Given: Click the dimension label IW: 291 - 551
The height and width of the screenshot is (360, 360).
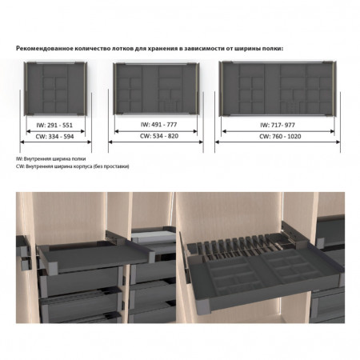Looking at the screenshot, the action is tap(54, 125).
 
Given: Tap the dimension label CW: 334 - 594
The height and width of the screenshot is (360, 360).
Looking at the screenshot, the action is tap(54, 137).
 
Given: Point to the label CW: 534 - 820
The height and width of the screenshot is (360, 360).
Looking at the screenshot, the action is tap(159, 136).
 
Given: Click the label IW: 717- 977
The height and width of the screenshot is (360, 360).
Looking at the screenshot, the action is tap(278, 125).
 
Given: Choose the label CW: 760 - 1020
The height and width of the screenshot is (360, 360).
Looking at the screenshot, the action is tap(280, 136).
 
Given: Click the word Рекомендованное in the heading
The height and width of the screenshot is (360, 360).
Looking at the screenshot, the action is tap(45, 49).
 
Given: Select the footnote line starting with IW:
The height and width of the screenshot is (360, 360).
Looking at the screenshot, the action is tap(51, 158).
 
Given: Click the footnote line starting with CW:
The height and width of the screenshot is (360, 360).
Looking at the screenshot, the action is tap(73, 166).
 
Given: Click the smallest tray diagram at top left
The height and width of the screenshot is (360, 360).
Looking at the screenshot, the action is tap(56, 89).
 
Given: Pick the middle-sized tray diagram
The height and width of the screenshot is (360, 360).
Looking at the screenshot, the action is tap(156, 89).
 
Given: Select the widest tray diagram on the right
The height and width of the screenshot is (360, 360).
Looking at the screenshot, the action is tap(278, 89).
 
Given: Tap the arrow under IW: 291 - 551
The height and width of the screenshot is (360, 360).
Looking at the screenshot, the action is tap(55, 131).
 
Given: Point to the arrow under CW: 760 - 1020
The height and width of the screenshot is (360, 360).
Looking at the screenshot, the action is tap(278, 142).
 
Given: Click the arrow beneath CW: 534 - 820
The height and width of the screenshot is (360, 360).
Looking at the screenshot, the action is tap(156, 142).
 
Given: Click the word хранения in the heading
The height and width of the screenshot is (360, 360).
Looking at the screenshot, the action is tap(162, 49).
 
